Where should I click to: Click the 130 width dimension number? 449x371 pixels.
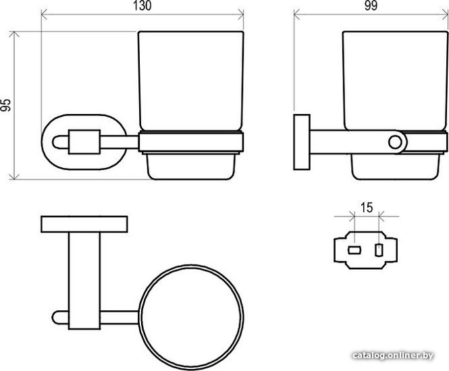142,6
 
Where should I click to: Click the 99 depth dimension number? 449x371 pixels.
371,6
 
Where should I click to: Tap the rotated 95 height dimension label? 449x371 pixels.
5,105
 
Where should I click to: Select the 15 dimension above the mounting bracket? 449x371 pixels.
367,208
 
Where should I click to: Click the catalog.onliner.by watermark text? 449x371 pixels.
393,355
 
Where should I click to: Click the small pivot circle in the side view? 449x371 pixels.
395,142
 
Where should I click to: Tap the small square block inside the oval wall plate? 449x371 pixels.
84,142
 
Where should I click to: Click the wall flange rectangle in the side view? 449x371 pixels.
302,142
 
